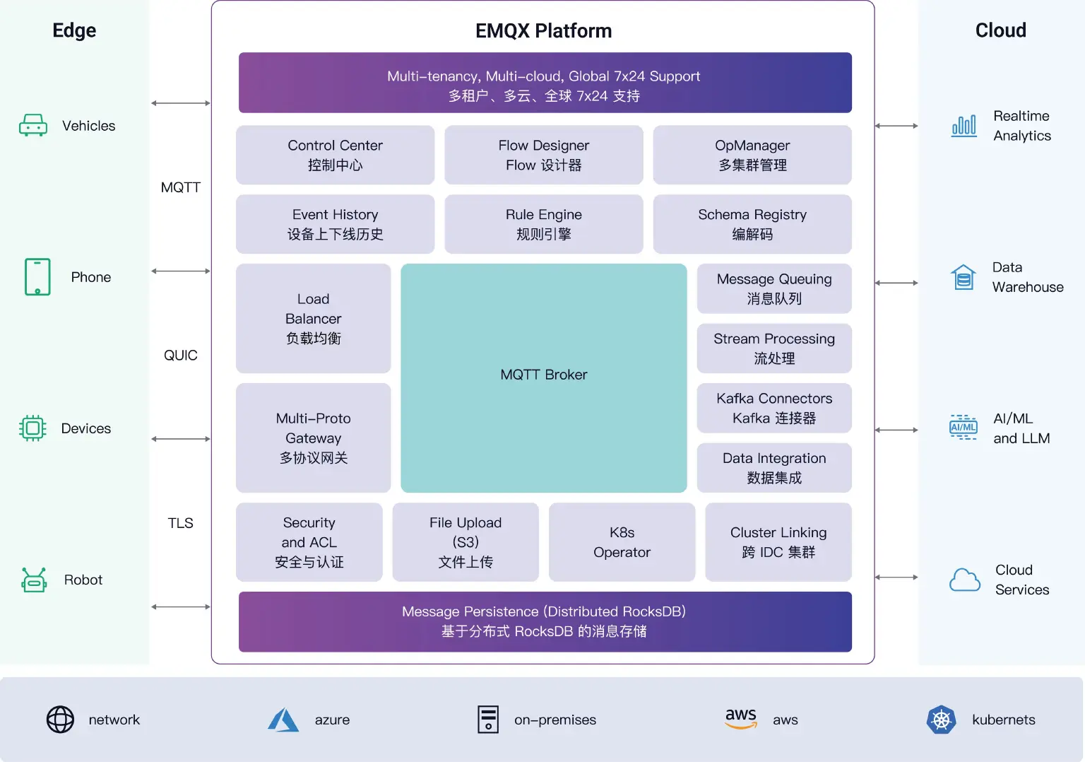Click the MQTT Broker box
[543, 377]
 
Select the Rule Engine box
[543, 224]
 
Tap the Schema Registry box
[752, 224]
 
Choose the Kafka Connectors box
[773, 408]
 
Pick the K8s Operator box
[621, 542]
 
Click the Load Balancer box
[313, 318]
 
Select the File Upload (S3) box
[465, 542]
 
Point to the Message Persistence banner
[545, 621]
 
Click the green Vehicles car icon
[33, 126]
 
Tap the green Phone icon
[37, 276]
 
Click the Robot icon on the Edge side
[34, 580]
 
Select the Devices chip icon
[32, 428]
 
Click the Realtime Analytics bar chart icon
[964, 126]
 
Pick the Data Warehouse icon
[963, 277]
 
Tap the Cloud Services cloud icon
[964, 580]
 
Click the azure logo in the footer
[283, 720]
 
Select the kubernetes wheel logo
[941, 720]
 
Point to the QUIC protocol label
[180, 356]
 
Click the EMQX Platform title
[543, 31]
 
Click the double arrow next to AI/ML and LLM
[896, 430]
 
